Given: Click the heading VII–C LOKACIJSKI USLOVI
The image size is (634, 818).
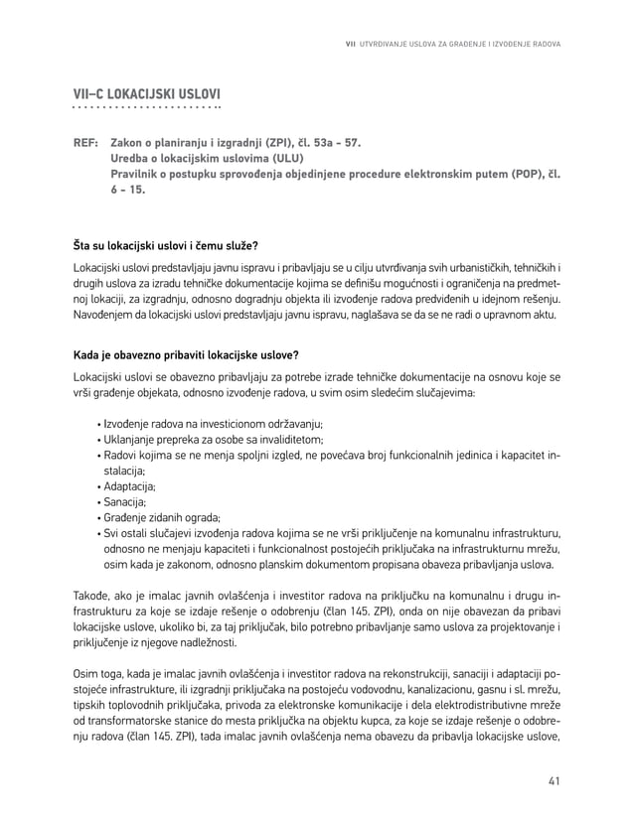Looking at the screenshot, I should tap(147, 94).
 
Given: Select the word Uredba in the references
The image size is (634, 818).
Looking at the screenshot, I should tap(131, 159).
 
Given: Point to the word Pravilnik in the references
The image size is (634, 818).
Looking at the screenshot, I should tap(139, 175).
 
